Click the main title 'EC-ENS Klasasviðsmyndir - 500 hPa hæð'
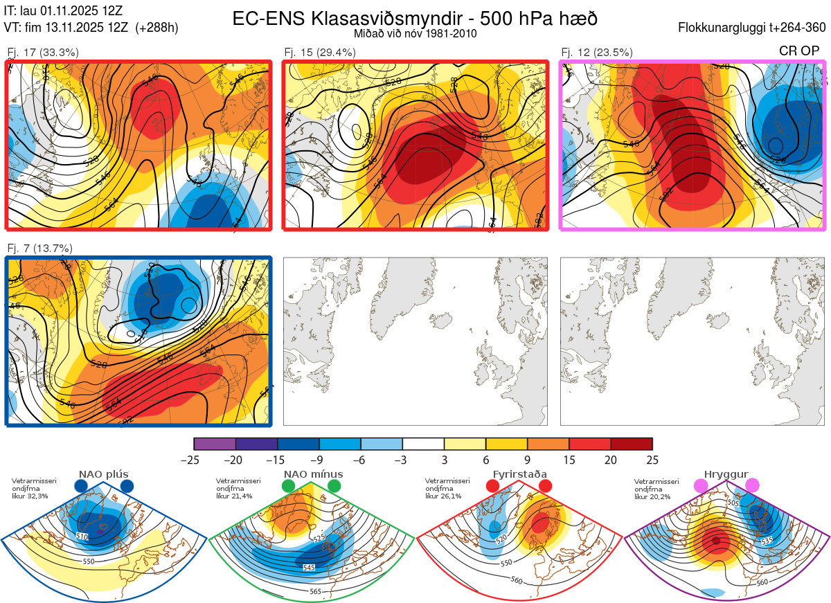coord(415,18)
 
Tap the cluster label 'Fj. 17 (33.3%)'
coord(43,52)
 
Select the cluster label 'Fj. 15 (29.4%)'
coord(320,52)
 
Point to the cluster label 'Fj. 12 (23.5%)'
coord(597,52)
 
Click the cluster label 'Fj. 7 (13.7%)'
coord(39,249)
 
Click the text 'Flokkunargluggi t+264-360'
coord(754,28)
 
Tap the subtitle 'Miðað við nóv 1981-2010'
coord(415,33)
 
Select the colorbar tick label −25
coord(194,460)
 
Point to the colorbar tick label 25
coord(652,460)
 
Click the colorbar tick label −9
coord(319,460)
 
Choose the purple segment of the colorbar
coord(215,444)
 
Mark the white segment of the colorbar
coord(423,444)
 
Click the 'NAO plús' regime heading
coord(103,474)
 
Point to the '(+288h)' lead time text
coord(157,28)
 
